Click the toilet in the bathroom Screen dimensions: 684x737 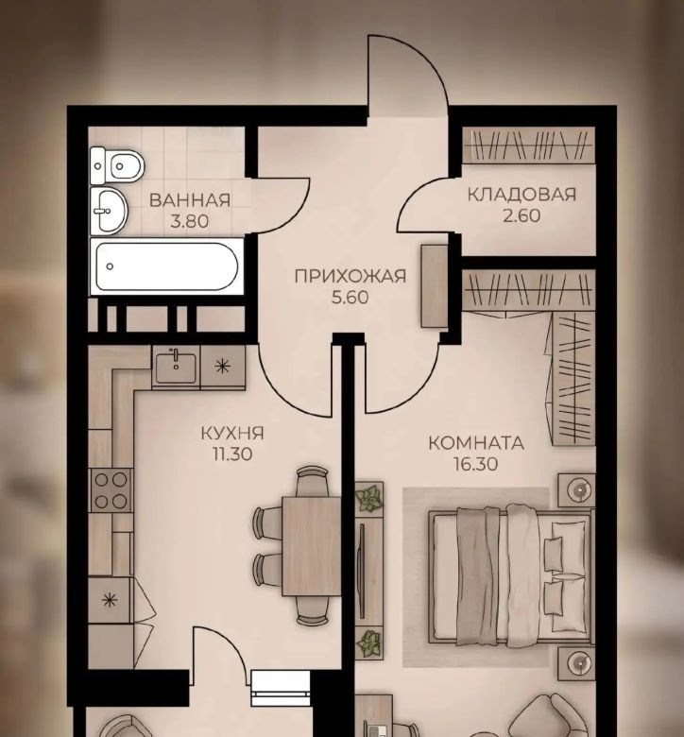[116, 165]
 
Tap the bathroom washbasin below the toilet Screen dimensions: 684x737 [109, 211]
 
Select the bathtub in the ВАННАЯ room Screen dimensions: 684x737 [167, 266]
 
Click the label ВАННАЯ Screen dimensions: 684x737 [190, 200]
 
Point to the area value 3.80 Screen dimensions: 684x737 [190, 221]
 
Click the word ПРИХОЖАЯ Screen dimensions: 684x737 [351, 276]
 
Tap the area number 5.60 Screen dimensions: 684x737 [351, 298]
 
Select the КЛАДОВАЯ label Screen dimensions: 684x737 [522, 195]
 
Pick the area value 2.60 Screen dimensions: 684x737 [522, 215]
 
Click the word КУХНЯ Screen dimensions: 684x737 [232, 433]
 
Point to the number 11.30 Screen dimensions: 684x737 [232, 454]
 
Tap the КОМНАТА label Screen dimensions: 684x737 [476, 443]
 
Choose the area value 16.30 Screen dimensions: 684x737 [476, 464]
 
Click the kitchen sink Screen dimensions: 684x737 [176, 368]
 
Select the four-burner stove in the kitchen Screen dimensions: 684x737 [111, 490]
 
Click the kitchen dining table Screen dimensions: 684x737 [311, 546]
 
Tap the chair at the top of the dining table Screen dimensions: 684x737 [310, 481]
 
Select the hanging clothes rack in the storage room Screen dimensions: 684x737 [529, 146]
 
